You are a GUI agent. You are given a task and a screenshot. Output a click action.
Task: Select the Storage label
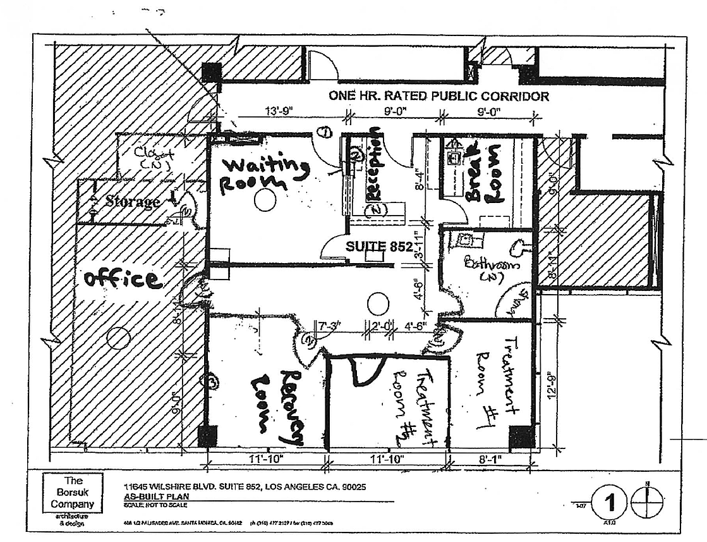[x=132, y=202]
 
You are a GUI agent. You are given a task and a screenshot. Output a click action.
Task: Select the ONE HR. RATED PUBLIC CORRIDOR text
[x=438, y=96]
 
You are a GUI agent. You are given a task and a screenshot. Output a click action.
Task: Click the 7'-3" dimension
[x=329, y=326]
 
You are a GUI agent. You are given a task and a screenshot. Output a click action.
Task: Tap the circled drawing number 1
[x=610, y=503]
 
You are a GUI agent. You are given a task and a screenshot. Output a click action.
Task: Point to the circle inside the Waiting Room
[x=265, y=201]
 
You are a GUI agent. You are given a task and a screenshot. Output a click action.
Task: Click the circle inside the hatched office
[x=118, y=339]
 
